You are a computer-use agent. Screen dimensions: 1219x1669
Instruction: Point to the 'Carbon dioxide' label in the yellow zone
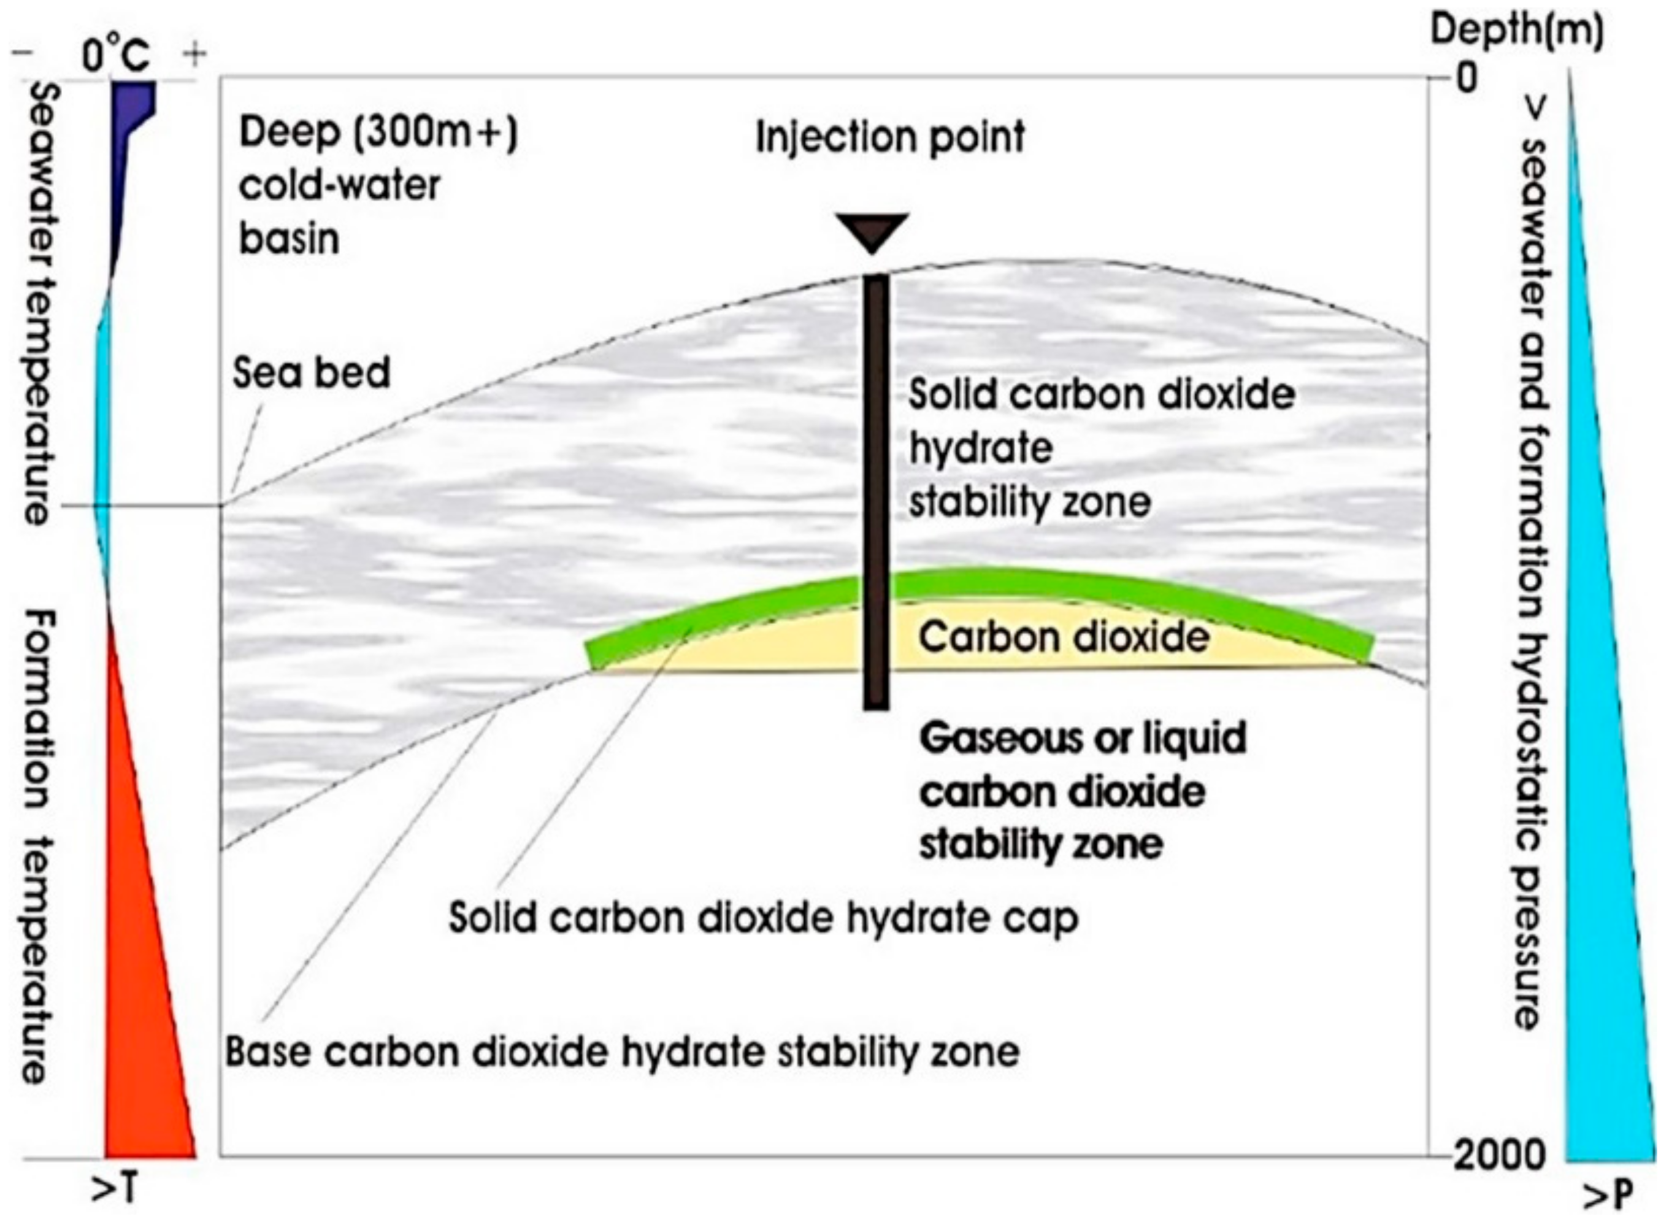click(1064, 636)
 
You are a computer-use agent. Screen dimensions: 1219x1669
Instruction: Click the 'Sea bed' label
click(312, 372)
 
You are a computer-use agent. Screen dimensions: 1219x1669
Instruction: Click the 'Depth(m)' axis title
click(1517, 32)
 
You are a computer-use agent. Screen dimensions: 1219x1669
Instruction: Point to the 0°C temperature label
click(116, 55)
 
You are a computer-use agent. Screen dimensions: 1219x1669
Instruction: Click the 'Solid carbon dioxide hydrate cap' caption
click(763, 918)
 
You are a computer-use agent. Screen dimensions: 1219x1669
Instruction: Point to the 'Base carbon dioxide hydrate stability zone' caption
click(622, 1052)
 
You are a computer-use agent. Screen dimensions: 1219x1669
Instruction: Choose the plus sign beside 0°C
click(195, 54)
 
